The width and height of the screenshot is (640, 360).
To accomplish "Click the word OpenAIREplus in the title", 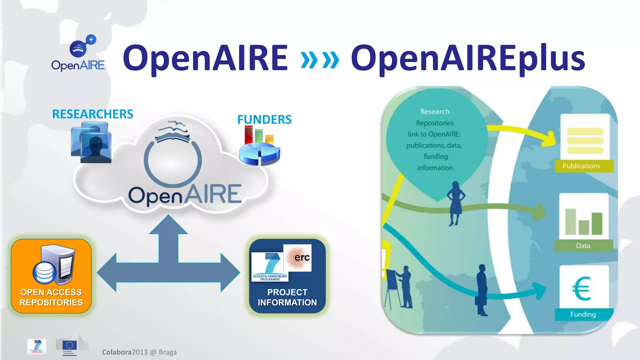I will [x=468, y=58].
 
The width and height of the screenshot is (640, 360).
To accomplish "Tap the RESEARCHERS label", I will [x=92, y=114].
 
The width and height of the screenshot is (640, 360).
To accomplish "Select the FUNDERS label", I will [x=264, y=119].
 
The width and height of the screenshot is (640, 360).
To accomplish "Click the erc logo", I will [x=297, y=257].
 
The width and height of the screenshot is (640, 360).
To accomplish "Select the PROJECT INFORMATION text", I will [x=287, y=297].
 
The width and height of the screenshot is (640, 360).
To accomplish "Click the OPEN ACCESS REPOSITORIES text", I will [x=51, y=297].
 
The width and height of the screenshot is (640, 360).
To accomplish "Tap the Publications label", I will [x=581, y=166].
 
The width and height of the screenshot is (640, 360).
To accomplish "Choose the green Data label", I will [x=583, y=246].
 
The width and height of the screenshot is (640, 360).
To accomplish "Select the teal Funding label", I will [x=583, y=314].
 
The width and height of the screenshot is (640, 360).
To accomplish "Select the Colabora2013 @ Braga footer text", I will [x=139, y=352].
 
